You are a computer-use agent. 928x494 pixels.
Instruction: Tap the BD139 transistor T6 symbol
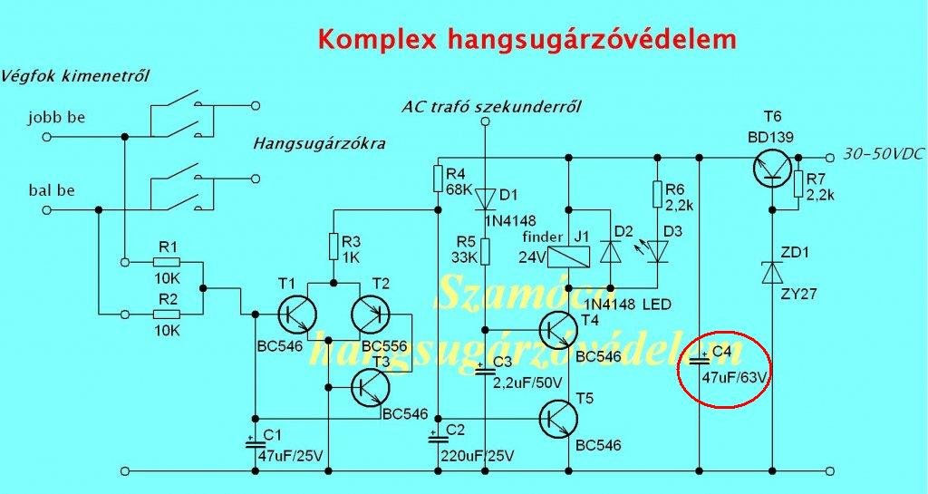tap(772, 167)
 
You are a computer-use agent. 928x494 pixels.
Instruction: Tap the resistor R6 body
tap(656, 195)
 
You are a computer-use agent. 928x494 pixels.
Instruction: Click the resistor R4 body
tap(438, 178)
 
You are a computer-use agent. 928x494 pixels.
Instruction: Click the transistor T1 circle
tap(295, 313)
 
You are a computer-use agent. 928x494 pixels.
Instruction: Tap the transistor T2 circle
tap(372, 313)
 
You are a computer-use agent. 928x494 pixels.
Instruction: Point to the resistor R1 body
tap(167, 263)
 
